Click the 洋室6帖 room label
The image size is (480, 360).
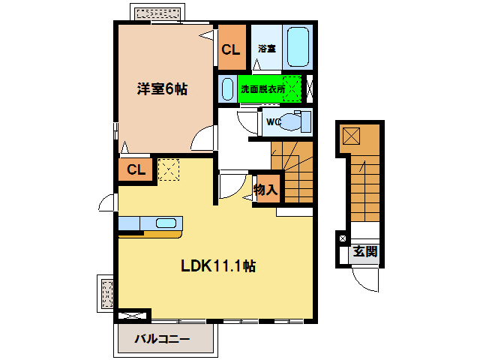pyautogui.click(x=162, y=89)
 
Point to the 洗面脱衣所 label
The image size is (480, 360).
pyautogui.click(x=262, y=89)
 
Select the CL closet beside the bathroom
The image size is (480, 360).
pyautogui.click(x=231, y=49)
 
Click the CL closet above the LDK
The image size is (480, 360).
pyautogui.click(x=135, y=169)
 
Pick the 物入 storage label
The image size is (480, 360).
pyautogui.click(x=265, y=190)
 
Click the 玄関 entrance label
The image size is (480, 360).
pyautogui.click(x=366, y=251)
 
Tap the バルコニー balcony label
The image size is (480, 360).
pyautogui.click(x=162, y=340)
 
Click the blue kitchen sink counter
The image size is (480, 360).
pyautogui.click(x=150, y=223)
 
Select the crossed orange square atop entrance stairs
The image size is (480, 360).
pyautogui.click(x=351, y=136)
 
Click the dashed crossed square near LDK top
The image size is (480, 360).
pyautogui.click(x=169, y=169)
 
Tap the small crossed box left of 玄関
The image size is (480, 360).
pyautogui.click(x=343, y=238)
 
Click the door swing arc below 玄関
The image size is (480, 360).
pyautogui.click(x=367, y=280)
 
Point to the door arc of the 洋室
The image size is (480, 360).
pyautogui.click(x=204, y=140)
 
